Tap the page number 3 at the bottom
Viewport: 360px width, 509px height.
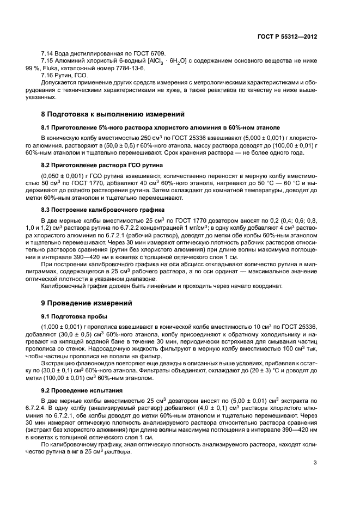(315, 463)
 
